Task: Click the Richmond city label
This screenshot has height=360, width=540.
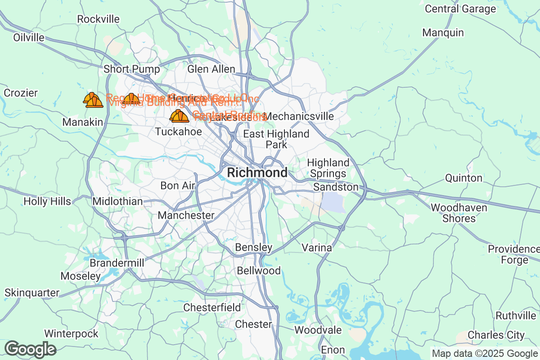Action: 257,173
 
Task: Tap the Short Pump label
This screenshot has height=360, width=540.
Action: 131,69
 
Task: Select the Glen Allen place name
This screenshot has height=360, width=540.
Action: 211,69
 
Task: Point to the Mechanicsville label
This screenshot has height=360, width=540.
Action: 300,117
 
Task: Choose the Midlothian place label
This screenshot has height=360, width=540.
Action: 117,202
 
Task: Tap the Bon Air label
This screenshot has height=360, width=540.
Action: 178,186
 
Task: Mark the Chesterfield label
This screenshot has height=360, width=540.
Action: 212,308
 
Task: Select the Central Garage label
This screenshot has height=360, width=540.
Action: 460,9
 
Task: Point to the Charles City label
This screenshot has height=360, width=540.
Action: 496,335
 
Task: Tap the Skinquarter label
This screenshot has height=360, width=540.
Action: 32,293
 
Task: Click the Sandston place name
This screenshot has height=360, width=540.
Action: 336,187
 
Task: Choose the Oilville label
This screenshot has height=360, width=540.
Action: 29,37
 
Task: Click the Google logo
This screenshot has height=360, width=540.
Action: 30,349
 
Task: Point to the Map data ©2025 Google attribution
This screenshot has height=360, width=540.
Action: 485,353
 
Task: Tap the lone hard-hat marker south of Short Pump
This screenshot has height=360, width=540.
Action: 131,99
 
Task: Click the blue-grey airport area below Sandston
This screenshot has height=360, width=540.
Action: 333,202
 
